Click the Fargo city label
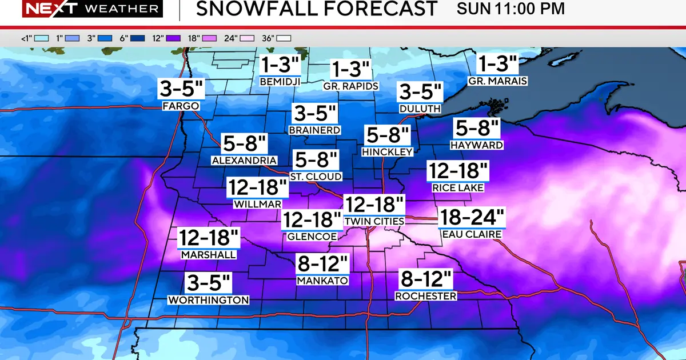[181, 106]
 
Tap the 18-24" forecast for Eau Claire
[472, 217]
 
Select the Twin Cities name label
[374, 221]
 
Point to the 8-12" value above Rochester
[426, 280]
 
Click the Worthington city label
[209, 299]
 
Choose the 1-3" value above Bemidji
[280, 65]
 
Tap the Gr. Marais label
[497, 81]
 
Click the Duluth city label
[420, 108]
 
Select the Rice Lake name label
[458, 187]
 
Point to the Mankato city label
[322, 281]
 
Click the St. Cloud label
[316, 177]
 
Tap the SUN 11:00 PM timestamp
[510, 9]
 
